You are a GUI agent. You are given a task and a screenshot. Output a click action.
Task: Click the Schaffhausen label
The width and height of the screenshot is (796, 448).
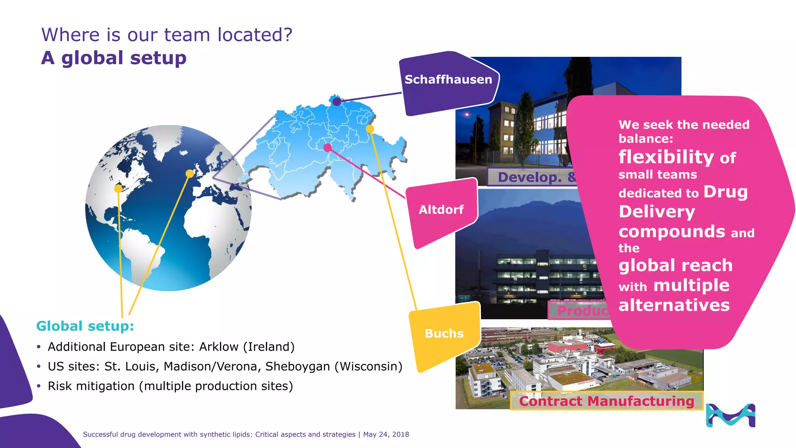click(x=448, y=80)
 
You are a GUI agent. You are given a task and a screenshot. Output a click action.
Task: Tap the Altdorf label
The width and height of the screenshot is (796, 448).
click(x=441, y=210)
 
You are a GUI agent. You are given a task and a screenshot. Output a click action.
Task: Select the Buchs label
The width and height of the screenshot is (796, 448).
click(x=444, y=334)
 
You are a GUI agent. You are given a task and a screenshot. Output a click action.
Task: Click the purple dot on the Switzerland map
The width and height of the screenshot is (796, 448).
click(x=337, y=102)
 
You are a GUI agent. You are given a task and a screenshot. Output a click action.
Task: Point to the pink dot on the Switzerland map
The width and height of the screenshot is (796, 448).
click(x=328, y=148)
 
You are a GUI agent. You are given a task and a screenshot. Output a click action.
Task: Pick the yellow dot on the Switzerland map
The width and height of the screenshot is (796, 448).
click(x=370, y=129)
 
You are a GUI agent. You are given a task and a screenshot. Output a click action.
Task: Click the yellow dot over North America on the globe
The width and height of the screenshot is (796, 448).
click(x=118, y=189)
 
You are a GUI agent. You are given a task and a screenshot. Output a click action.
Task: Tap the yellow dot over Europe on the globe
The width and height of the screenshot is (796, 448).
click(x=190, y=173)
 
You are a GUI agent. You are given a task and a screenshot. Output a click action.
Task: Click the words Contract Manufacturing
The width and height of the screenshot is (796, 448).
click(x=606, y=401)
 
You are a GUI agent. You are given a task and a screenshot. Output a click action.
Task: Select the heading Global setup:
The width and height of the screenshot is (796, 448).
click(x=85, y=326)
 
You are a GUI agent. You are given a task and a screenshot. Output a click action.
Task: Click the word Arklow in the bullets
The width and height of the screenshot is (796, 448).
click(x=219, y=346)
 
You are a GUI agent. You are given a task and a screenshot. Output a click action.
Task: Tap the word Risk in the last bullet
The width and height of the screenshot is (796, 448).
click(x=59, y=386)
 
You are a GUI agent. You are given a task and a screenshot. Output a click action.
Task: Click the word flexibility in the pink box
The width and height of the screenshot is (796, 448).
click(x=666, y=157)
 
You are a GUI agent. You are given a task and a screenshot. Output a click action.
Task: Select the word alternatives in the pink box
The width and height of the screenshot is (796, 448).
click(x=674, y=305)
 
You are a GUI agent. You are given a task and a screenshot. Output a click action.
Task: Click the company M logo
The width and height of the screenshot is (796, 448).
click(x=730, y=415)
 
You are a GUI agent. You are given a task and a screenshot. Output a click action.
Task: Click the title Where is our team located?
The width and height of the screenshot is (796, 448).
click(x=167, y=35)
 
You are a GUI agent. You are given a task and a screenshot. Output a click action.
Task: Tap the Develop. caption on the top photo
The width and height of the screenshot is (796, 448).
click(x=530, y=177)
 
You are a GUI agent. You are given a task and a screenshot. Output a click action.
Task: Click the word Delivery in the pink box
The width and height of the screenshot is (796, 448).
click(x=657, y=212)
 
